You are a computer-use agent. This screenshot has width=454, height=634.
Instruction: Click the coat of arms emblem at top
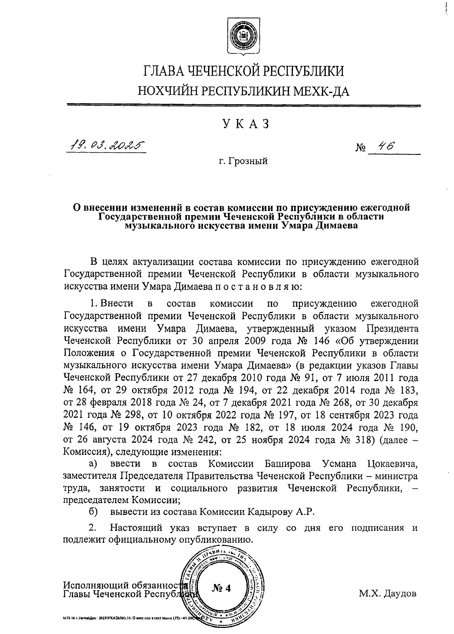(243, 37)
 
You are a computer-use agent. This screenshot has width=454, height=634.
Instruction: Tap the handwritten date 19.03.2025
(106, 145)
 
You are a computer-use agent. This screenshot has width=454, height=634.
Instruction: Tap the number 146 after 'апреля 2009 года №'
(322, 341)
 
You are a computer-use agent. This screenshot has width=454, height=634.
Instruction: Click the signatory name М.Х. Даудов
(388, 593)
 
